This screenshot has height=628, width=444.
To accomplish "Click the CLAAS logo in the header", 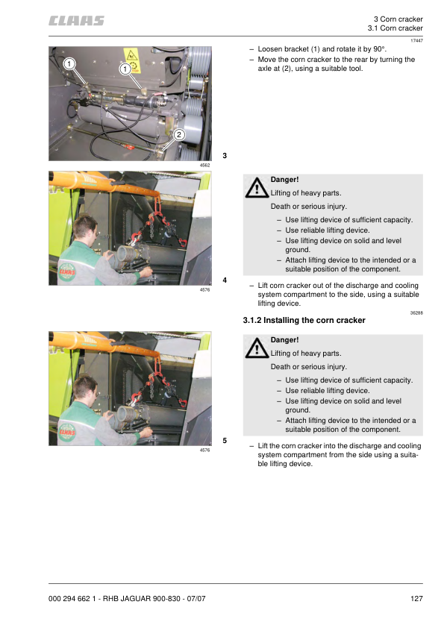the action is tap(76, 21).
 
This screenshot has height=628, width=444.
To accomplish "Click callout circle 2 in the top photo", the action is tap(179, 134).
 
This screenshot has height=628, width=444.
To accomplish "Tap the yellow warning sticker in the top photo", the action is tap(132, 60).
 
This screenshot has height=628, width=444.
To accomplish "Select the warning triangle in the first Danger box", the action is tap(257, 188).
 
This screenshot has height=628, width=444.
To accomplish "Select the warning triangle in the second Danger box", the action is tap(257, 348).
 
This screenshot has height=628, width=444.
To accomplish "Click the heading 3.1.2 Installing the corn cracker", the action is tap(304, 320).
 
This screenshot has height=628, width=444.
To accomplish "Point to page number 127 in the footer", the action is tap(416, 598).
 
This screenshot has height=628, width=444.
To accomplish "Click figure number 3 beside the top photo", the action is tap(225, 155).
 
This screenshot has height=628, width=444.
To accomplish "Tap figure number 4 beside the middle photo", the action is tap(225, 280).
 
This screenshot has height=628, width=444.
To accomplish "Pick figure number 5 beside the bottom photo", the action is tap(225, 441).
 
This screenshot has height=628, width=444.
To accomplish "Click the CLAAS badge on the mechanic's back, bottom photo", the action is tap(67, 432).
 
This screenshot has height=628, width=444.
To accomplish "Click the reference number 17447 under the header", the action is tap(416, 40).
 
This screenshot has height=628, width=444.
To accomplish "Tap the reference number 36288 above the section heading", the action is tap(416, 313).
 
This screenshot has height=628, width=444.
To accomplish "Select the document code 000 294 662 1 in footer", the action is tap(72, 598).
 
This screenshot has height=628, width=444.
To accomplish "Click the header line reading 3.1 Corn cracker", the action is tap(395, 28).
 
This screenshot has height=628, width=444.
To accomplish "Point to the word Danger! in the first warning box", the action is tap(284, 180).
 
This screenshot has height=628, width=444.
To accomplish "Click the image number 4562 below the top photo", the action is tap(204, 165).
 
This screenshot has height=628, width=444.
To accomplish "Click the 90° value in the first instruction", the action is tap(378, 49).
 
